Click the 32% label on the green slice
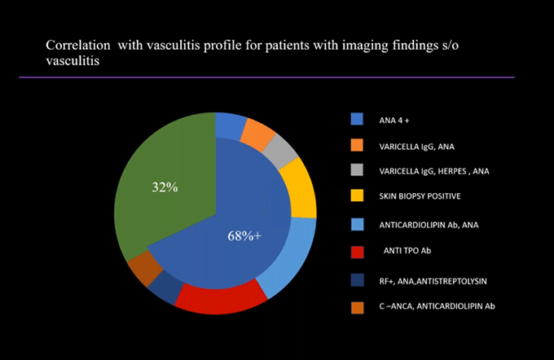click(165, 187)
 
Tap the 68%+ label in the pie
click(244, 236)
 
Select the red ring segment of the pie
click(222, 297)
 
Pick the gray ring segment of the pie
click(281, 151)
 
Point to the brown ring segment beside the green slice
click(145, 269)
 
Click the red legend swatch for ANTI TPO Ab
click(357, 252)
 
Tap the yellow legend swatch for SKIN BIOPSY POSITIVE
click(357, 195)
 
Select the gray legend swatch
click(357, 170)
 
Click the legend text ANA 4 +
click(394, 121)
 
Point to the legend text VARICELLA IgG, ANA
click(416, 147)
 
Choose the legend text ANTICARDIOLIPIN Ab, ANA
click(429, 225)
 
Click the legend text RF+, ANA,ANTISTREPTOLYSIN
click(433, 281)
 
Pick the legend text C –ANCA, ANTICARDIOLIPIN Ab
click(437, 306)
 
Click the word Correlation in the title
click(78, 46)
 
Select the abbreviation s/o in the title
click(450, 46)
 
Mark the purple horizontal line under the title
click(266, 77)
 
